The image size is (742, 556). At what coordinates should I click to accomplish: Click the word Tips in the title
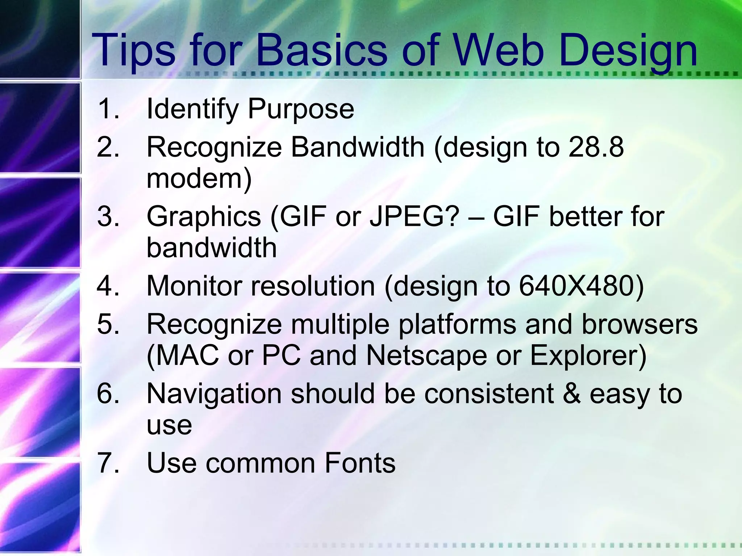pos(133,51)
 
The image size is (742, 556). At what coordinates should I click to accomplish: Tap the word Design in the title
pos(628,51)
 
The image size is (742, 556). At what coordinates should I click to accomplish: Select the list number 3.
pos(108,216)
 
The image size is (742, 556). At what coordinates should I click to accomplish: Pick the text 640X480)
pos(581,286)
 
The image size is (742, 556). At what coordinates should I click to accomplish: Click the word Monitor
pos(194,286)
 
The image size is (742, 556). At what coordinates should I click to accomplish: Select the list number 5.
pos(108,324)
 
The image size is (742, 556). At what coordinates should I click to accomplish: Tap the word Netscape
pos(426,355)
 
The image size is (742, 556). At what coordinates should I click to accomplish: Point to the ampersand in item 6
pos(571,393)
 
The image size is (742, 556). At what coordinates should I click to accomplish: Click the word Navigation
pos(214,393)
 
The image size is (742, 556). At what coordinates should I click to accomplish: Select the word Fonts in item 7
pos(360,463)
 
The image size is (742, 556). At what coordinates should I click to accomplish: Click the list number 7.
pos(108,463)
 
